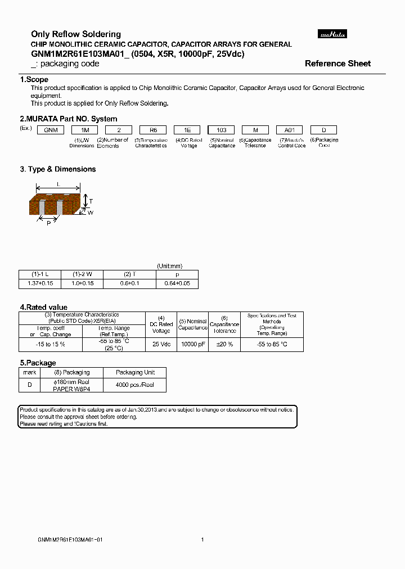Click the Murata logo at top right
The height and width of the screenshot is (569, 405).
[x=333, y=34]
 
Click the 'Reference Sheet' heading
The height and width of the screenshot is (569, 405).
[x=337, y=64]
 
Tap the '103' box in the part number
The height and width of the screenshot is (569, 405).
[x=222, y=130]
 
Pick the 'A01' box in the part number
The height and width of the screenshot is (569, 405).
[x=290, y=130]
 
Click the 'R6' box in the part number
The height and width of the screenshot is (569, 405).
[x=152, y=130]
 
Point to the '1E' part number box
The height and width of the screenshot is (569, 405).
[x=187, y=130]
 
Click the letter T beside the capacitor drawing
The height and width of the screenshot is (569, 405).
[x=91, y=201]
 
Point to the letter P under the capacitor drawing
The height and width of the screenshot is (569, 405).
[x=49, y=223]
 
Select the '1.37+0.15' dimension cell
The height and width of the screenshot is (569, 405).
[x=40, y=283]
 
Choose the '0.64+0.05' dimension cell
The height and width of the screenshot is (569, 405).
[x=178, y=283]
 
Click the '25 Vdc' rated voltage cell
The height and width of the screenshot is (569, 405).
[x=161, y=344]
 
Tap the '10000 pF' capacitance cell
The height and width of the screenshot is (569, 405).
[x=193, y=344]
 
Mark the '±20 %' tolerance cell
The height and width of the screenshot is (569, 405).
[x=224, y=344]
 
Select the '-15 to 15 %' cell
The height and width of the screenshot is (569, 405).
[x=51, y=344]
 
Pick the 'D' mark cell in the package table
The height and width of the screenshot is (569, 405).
[x=29, y=385]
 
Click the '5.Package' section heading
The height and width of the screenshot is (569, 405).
[x=38, y=363]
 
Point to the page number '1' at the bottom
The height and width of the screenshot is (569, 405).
[x=202, y=540]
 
